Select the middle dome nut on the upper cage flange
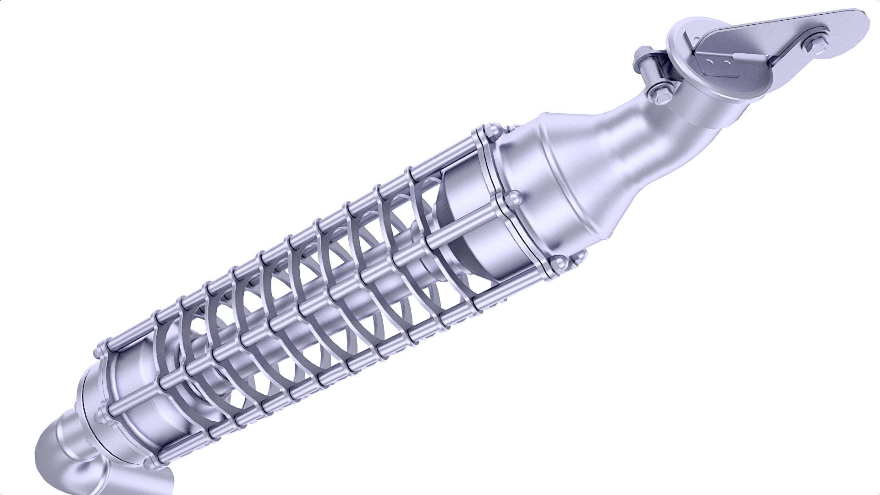pos(514,200)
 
